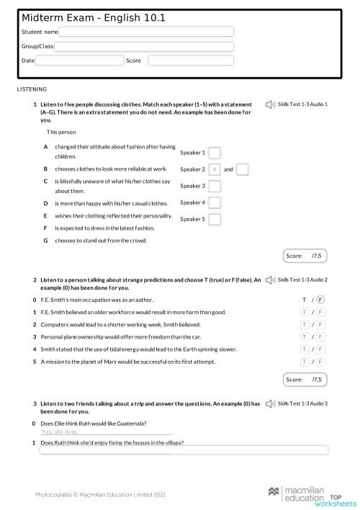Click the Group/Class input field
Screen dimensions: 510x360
tap(144, 47)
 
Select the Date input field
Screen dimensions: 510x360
tap(79, 61)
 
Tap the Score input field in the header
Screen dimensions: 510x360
tap(191, 61)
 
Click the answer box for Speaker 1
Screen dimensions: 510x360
tap(214, 153)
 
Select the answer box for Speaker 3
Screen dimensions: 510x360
tap(214, 186)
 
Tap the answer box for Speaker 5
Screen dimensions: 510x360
tap(214, 219)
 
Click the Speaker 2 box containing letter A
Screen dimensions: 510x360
tap(214, 169)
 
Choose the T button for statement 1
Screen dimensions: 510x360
tap(305, 312)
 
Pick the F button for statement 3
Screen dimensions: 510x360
tap(320, 336)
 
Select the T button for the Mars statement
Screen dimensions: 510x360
tap(305, 361)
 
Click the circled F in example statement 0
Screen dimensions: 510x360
tap(320, 300)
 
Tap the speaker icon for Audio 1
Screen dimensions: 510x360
tap(269, 104)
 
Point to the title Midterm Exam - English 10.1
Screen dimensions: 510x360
tap(94, 17)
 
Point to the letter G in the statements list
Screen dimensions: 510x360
tap(46, 240)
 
